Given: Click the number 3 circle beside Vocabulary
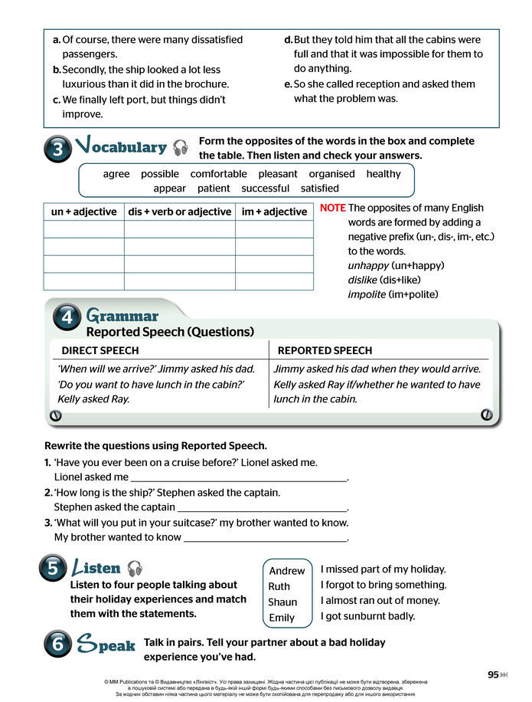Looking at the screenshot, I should pos(58,150).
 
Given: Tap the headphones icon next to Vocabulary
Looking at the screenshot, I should pos(181,147).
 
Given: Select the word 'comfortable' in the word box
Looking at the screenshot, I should pos(218,174).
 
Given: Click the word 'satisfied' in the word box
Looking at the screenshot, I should pos(319,188).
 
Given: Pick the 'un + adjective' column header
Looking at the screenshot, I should pos(83,212).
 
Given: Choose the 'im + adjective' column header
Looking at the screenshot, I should pos(273,212).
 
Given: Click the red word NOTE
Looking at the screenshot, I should pos(332,208).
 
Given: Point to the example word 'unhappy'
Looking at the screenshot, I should pos(368,265).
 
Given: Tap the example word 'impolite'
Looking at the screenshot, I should pos(367,294).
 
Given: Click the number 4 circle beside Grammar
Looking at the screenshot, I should pos(67,318).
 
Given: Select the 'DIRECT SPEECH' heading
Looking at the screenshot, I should pos(100,350).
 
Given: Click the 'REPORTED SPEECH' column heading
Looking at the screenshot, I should pos(325,350).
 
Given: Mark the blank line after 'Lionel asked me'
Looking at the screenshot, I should pos(239,478).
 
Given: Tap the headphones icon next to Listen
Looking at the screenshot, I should pos(135,568).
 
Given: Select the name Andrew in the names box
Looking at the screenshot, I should pos(287,571).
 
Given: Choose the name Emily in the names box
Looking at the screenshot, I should pos(282,618).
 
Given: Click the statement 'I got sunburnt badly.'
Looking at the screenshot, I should pos(367,616).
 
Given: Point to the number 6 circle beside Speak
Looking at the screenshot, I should pos(58,645).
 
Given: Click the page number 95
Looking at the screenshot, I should pos(493,674).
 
